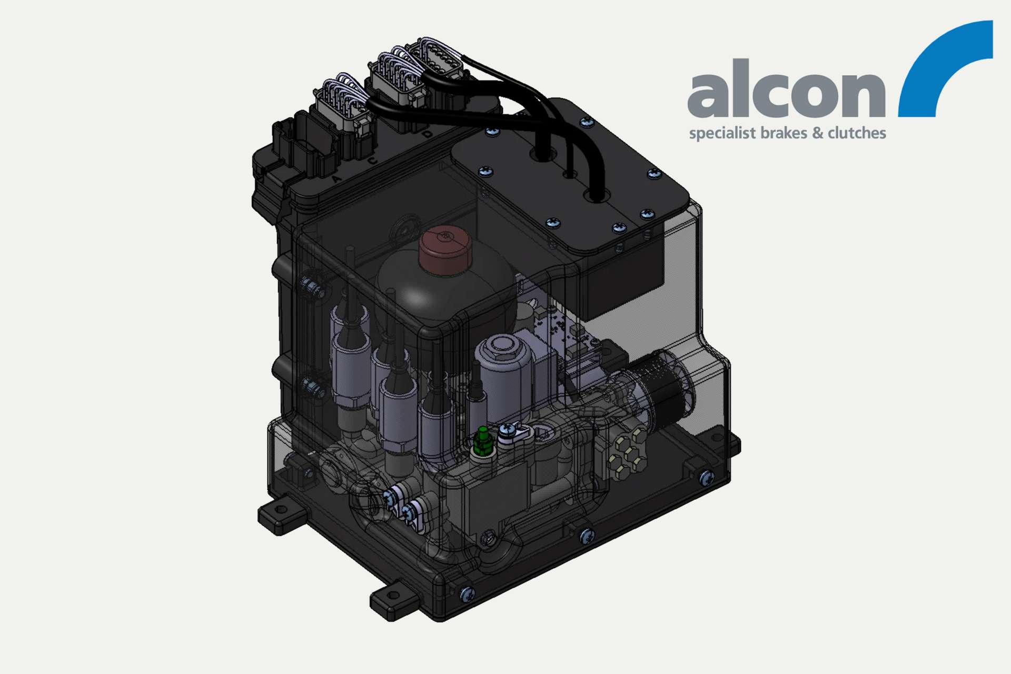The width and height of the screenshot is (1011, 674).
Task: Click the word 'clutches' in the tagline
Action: [856, 133]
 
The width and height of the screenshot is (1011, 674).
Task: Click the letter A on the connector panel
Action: [336, 179]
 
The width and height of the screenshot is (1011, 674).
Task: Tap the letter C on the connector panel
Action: [372, 160]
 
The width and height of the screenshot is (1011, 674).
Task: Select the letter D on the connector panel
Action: [427, 134]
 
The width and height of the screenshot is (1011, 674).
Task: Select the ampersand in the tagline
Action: [817, 133]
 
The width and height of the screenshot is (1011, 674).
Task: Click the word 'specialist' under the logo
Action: [722, 134]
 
